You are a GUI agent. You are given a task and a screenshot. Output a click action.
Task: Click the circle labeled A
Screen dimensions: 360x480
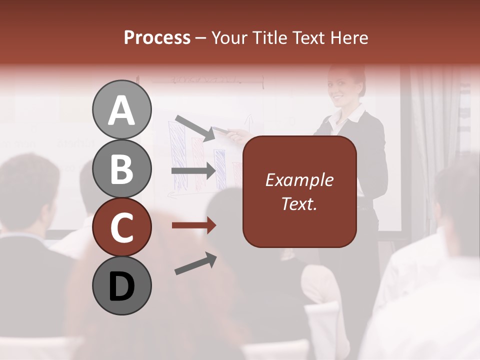[x=122, y=110]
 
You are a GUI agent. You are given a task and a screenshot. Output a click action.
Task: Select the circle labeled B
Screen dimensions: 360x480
[x=122, y=169]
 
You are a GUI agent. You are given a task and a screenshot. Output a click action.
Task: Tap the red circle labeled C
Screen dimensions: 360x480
[x=122, y=227]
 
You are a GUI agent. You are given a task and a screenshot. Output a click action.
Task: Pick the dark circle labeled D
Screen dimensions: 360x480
[x=122, y=286]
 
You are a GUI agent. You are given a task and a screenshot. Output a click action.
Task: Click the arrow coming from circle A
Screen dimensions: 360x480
[x=195, y=127]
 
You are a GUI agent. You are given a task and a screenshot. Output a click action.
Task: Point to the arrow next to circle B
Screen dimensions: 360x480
[x=194, y=170]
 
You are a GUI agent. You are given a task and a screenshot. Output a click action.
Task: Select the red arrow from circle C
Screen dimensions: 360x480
[x=194, y=225]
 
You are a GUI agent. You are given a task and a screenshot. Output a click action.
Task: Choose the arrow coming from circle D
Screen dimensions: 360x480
[x=195, y=263]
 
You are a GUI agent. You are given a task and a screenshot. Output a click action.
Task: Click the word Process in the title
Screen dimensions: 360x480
[x=157, y=37]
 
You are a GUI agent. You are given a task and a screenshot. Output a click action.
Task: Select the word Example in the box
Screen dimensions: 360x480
[x=299, y=180]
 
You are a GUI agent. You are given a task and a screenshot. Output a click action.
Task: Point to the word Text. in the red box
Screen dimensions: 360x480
[x=299, y=203]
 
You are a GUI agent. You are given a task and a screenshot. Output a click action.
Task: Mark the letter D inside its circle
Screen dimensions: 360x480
[x=122, y=286]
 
